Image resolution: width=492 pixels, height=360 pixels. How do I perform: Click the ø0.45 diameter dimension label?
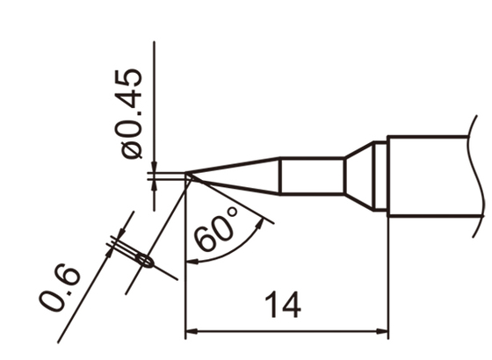(x=131, y=113)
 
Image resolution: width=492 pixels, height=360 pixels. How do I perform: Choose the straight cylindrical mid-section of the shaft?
(x=311, y=176)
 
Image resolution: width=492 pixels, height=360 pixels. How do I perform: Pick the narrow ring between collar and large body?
(x=380, y=176)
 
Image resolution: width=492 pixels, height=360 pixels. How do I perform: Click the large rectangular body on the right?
(x=435, y=176)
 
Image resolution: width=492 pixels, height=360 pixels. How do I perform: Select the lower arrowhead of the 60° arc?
(x=192, y=261)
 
